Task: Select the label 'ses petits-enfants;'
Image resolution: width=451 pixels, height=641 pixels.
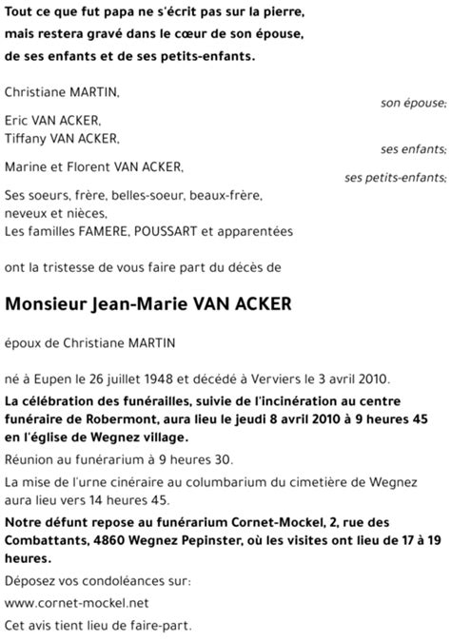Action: pyautogui.click(x=395, y=178)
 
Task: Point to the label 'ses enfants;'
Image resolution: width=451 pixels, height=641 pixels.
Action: pyautogui.click(x=413, y=149)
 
